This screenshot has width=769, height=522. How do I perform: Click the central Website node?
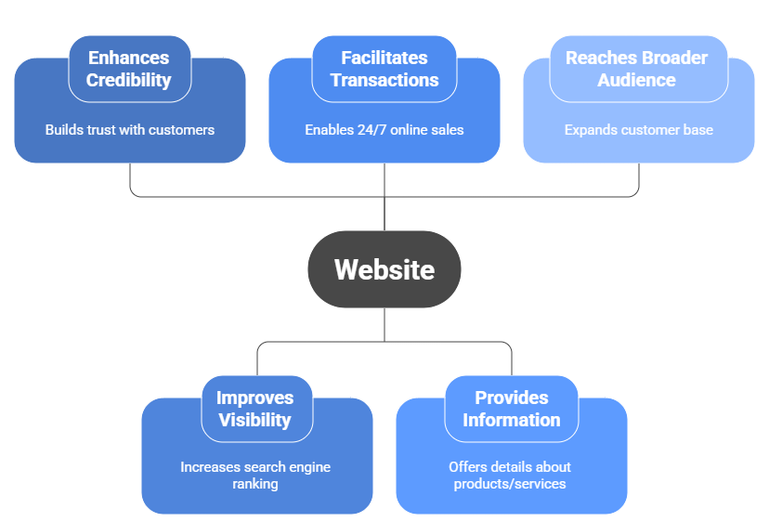click(384, 269)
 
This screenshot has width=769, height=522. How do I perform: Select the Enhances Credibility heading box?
click(130, 69)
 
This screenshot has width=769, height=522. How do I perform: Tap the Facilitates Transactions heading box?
click(384, 69)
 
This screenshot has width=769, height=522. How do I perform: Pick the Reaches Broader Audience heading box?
click(636, 69)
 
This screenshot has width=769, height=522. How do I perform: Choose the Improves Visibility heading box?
click(255, 409)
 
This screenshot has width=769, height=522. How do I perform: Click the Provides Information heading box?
click(511, 409)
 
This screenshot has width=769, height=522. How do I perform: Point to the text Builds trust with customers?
click(130, 130)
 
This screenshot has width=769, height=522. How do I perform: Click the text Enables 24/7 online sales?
click(384, 130)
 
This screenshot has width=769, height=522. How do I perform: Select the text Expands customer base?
click(638, 130)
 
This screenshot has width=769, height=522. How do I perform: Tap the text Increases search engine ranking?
click(255, 475)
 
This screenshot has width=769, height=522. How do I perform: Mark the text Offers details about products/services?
click(510, 475)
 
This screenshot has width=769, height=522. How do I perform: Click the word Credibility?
click(129, 81)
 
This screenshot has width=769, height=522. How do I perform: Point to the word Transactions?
click(384, 81)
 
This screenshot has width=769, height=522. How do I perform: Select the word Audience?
click(636, 81)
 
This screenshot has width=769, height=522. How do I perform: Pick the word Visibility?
click(255, 421)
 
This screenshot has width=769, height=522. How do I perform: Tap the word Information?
click(511, 421)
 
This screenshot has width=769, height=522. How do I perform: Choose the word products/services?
click(510, 484)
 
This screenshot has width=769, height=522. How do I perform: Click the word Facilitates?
click(384, 58)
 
